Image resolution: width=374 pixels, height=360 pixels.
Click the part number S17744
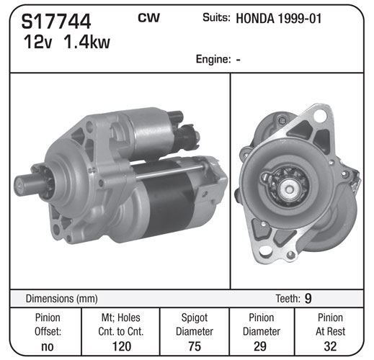(x=56, y=22)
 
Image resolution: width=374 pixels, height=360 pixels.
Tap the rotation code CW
(x=148, y=17)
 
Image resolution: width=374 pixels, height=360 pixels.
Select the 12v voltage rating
(x=37, y=42)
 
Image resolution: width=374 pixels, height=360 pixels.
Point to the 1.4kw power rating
(x=86, y=42)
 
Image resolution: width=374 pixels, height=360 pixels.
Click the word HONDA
(x=255, y=19)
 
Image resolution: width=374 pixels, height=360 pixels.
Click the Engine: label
(x=213, y=59)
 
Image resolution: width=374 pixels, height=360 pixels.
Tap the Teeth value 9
(x=308, y=298)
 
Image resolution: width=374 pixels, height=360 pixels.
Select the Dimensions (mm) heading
(x=61, y=299)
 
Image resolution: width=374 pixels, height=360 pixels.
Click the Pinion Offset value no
(x=48, y=346)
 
